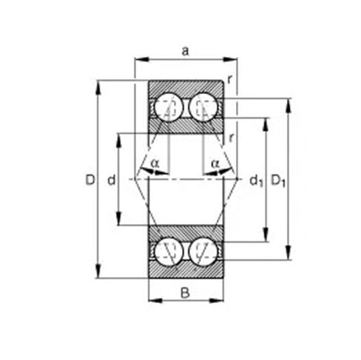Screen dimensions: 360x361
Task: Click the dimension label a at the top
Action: coord(185,50)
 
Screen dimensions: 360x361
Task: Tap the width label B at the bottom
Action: coord(185,292)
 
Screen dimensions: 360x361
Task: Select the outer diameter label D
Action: coord(90,180)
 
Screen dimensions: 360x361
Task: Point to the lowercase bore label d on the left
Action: coord(110,180)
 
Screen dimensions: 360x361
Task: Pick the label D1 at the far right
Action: coord(277,180)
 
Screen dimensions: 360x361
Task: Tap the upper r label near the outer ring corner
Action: coord(230,79)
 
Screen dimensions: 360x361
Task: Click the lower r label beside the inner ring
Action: coord(232,137)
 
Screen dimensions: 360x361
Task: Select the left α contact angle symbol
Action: coord(154,162)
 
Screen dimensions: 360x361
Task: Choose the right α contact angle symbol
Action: coord(215,162)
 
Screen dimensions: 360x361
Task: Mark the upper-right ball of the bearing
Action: coord(202,107)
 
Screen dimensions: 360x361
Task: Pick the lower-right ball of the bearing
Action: coord(202,251)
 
